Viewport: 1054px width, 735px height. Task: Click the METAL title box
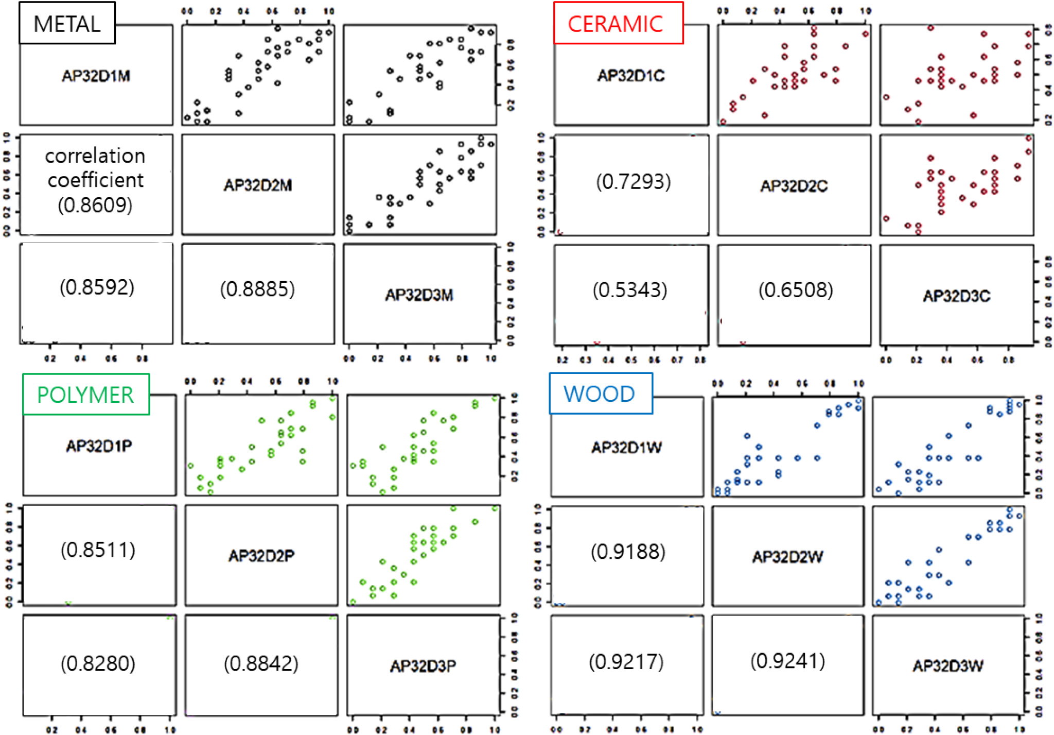[x=67, y=24]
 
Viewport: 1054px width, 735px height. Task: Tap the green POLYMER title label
[x=85, y=395]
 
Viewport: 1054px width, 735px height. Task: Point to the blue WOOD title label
[x=600, y=394]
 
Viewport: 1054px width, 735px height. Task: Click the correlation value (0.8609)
[x=95, y=205]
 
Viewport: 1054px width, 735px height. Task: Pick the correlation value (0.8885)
[x=257, y=289]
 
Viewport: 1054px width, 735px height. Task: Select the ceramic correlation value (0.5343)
[x=630, y=290]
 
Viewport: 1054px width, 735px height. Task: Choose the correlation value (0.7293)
[x=634, y=181]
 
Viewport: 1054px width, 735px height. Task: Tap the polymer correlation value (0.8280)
[x=98, y=663]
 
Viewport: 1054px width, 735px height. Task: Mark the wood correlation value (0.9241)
[x=787, y=661]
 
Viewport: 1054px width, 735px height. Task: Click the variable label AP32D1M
[x=96, y=76]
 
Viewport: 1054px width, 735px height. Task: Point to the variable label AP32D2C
[x=794, y=186]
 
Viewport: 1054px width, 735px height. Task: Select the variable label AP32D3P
[x=423, y=666]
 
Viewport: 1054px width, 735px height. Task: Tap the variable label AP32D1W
[x=626, y=448]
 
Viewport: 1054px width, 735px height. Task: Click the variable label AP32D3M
[x=419, y=295]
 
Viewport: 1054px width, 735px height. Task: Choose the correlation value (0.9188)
[x=628, y=552]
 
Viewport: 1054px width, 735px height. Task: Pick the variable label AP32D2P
[x=261, y=556]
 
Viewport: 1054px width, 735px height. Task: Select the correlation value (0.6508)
[x=796, y=290]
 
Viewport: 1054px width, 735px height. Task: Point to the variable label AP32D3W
[x=948, y=666]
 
